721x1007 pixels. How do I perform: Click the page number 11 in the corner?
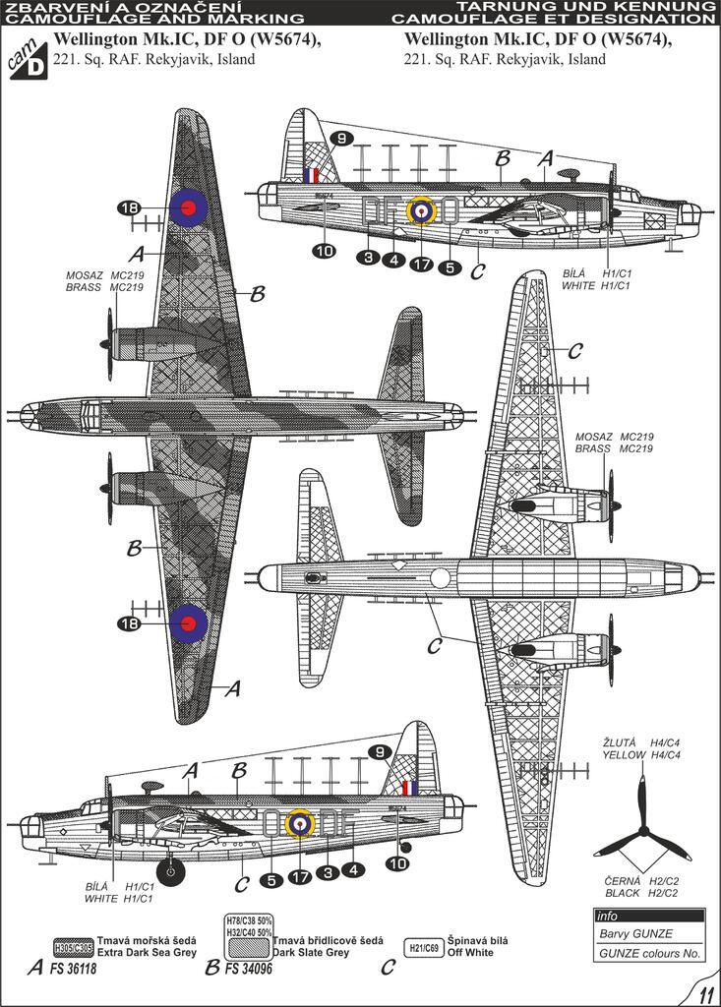(705, 992)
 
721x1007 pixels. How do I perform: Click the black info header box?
(648, 916)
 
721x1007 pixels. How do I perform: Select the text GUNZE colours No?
(648, 953)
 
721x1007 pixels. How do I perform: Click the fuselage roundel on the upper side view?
(421, 209)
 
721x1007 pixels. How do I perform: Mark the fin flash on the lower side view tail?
(409, 788)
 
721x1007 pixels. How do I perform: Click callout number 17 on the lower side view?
(300, 872)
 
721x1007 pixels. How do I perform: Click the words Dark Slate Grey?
(311, 953)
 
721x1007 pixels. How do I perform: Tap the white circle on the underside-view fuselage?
(440, 579)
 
